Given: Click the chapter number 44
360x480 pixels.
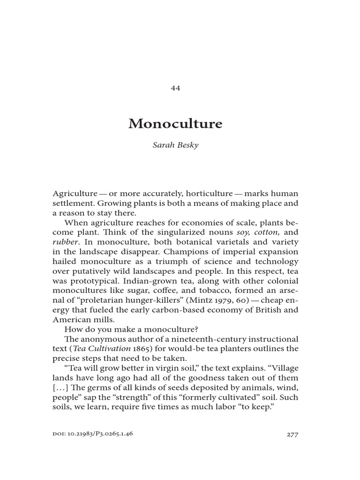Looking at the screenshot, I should (x=176, y=88).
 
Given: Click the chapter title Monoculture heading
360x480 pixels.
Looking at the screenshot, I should (x=175, y=124).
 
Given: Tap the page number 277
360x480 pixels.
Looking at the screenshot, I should (x=292, y=434).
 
